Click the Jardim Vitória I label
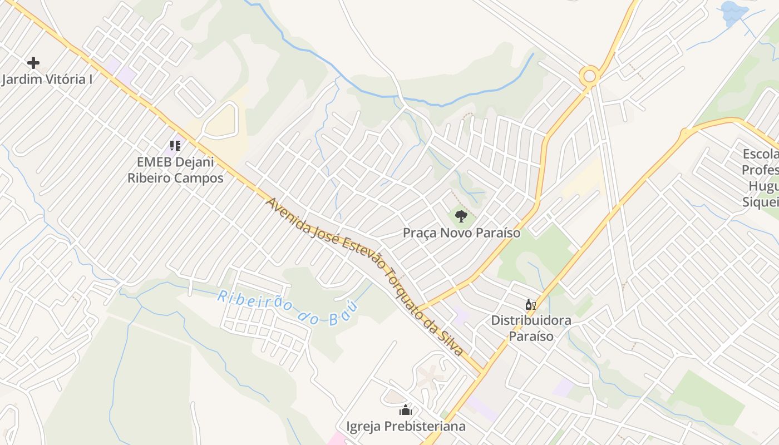coord(47,79)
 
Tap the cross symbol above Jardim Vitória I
coord(33,62)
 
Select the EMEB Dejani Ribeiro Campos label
coord(175,170)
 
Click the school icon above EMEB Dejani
coord(175,146)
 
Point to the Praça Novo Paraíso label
coord(461,233)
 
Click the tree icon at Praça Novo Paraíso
coord(461,216)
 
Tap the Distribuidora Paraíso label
coord(531,328)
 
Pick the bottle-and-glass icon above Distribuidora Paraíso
coord(530,304)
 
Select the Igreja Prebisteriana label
coord(406,427)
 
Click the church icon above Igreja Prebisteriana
coord(406,411)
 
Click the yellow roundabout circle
coord(589,75)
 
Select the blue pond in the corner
coord(734,13)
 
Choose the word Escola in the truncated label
coord(761,154)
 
